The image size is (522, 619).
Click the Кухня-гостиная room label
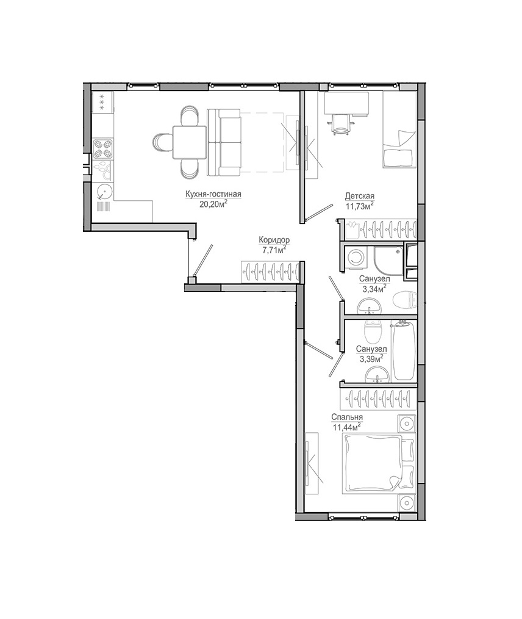(213, 194)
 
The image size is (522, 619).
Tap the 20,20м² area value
(214, 203)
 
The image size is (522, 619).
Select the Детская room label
(360, 196)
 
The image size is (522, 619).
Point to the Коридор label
(274, 240)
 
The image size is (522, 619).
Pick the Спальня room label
(347, 418)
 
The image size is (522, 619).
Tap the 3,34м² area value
(374, 289)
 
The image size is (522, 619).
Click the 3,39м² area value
(371, 358)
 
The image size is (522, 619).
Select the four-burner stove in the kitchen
(103, 149)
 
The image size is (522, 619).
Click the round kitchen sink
(105, 192)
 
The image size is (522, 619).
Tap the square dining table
(189, 142)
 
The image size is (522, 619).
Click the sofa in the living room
(224, 142)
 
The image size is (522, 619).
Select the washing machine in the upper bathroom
(356, 258)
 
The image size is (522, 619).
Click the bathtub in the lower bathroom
(403, 351)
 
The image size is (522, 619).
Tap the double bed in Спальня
(379, 463)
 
